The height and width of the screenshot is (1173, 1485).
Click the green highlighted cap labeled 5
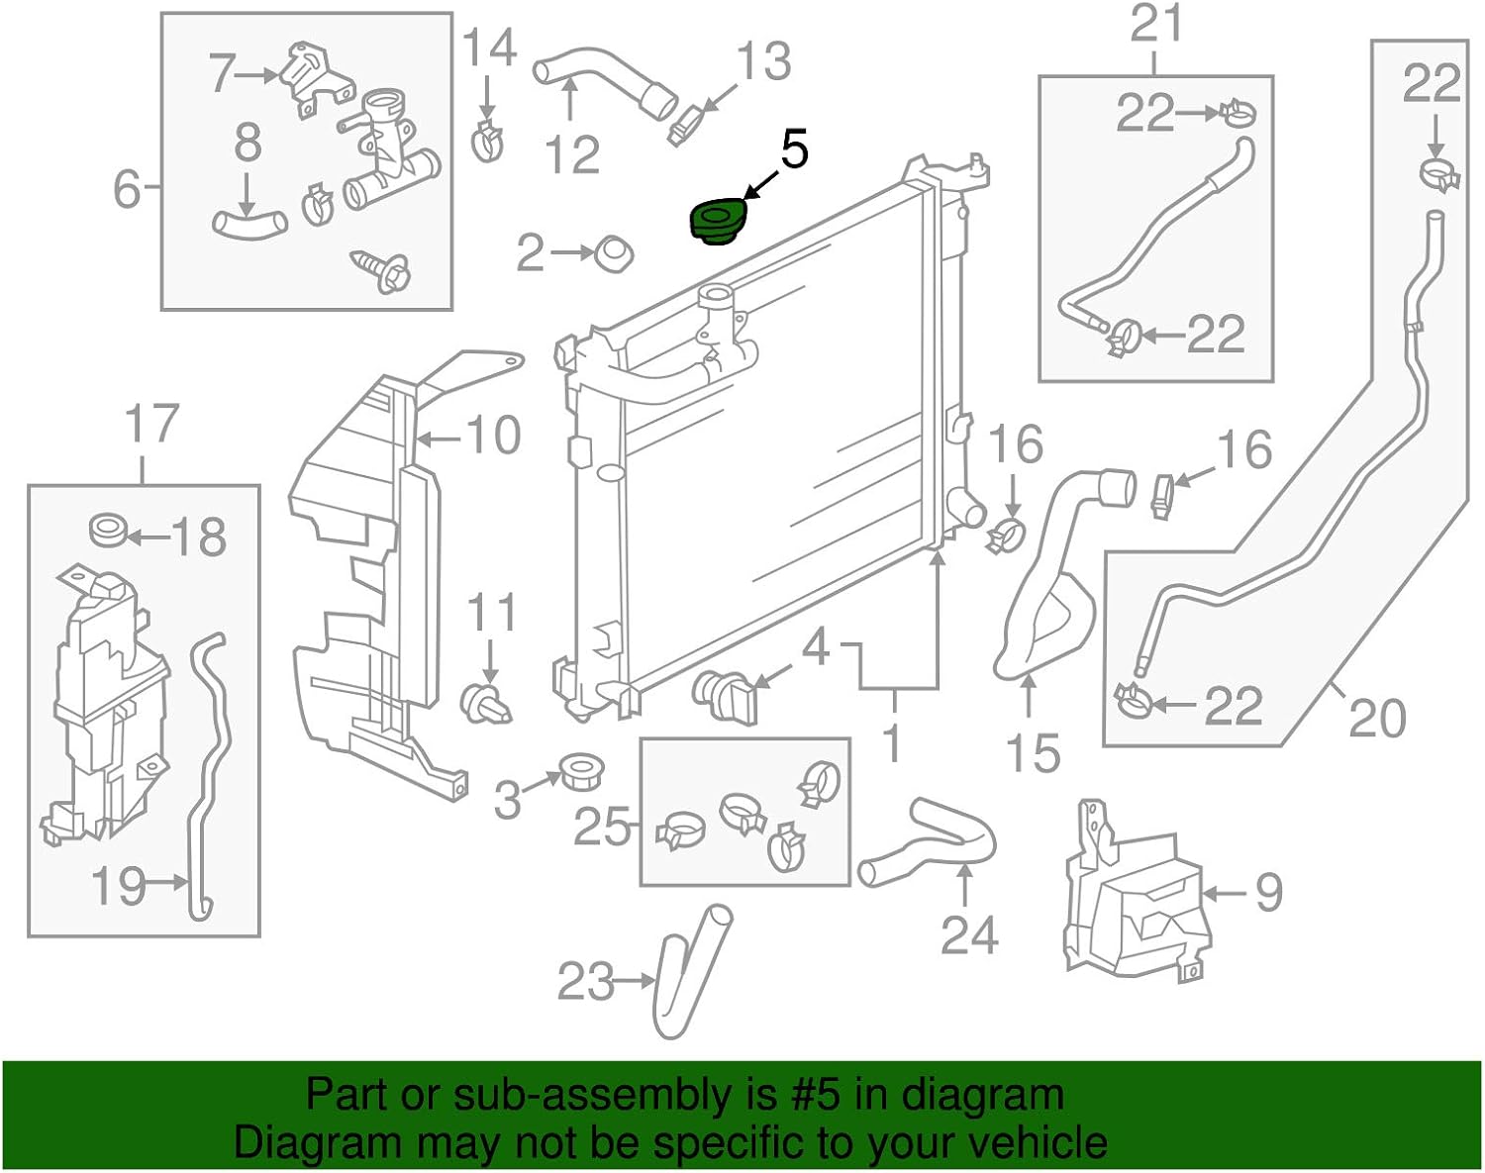pyautogui.click(x=718, y=222)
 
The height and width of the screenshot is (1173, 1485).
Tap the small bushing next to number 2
pyautogui.click(x=614, y=254)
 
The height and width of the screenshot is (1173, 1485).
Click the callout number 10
pyautogui.click(x=492, y=436)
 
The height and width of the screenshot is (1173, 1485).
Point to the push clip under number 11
pyautogui.click(x=486, y=702)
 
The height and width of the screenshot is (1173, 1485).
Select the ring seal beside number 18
pyautogui.click(x=108, y=531)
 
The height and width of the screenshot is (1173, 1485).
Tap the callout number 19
pyautogui.click(x=118, y=885)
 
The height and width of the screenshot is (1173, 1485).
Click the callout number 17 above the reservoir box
pyautogui.click(x=151, y=424)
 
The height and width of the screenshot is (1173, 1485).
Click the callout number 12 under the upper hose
pyautogui.click(x=573, y=154)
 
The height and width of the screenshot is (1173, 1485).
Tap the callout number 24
pyautogui.click(x=968, y=934)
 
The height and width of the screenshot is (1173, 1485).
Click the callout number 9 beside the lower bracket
pyautogui.click(x=1268, y=893)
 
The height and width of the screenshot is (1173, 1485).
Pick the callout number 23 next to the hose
pyautogui.click(x=586, y=982)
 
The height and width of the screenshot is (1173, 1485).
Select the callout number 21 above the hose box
pyautogui.click(x=1156, y=24)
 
